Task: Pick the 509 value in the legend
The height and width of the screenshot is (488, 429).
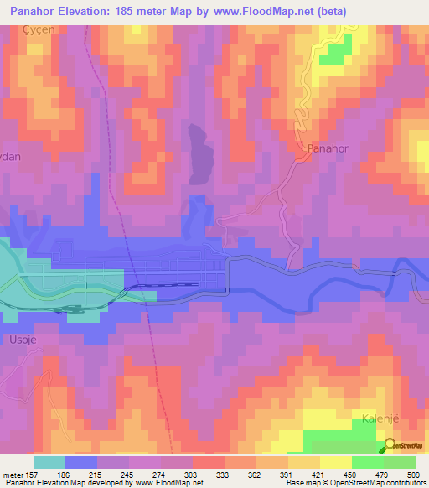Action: click(413, 474)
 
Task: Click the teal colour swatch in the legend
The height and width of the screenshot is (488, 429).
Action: click(49, 462)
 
